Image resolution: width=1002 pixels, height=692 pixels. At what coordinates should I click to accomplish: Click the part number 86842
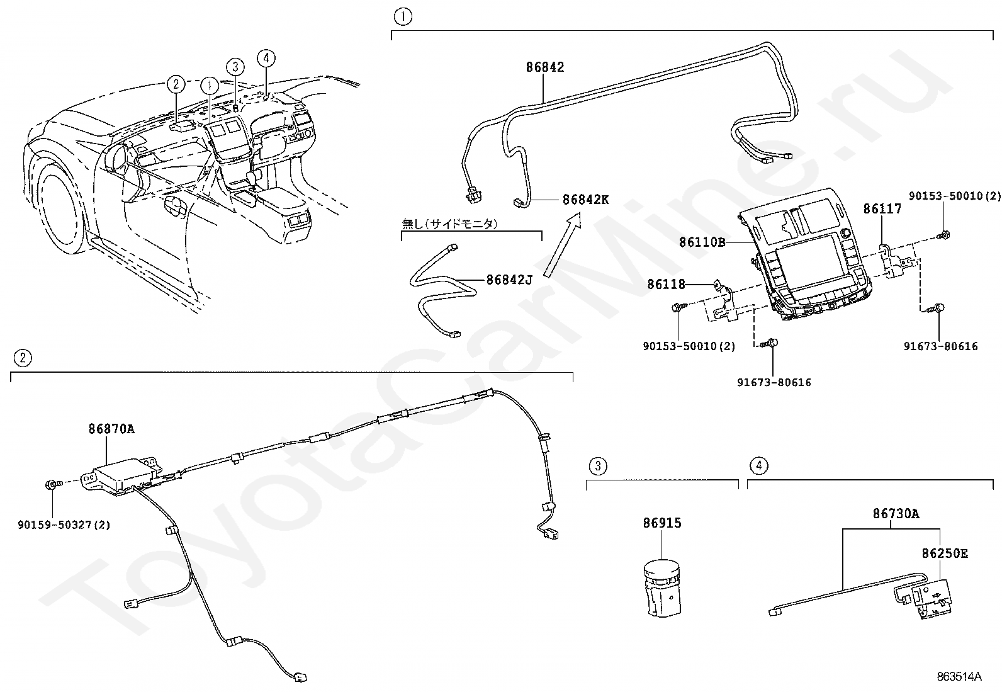click(x=545, y=67)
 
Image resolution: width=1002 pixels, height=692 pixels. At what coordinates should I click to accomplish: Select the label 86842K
click(x=585, y=200)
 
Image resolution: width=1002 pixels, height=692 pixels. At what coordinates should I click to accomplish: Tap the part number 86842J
click(x=510, y=280)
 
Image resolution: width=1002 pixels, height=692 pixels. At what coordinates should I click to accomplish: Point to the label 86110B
click(x=702, y=242)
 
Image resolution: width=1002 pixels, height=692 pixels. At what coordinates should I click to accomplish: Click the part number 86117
click(x=882, y=208)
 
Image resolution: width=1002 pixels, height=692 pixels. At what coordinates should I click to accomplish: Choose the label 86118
click(x=667, y=284)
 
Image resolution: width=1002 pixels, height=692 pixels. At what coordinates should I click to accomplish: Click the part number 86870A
click(x=111, y=429)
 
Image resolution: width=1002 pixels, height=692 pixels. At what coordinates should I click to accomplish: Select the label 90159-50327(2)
click(x=64, y=525)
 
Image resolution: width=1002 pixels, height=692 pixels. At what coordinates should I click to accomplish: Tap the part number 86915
click(x=662, y=523)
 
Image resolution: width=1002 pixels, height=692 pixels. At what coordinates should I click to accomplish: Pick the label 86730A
click(x=896, y=513)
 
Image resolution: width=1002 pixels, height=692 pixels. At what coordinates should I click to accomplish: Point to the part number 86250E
click(x=945, y=553)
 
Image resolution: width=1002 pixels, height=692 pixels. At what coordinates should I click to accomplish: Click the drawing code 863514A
click(x=959, y=676)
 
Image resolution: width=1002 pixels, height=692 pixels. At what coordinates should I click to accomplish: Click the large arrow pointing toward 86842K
click(x=562, y=245)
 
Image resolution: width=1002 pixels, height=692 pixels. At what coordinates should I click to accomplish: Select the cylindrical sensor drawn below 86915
click(x=663, y=588)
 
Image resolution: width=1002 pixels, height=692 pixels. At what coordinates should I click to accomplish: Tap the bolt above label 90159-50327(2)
click(x=53, y=484)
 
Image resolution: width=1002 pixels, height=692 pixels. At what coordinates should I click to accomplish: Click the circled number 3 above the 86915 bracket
click(x=598, y=466)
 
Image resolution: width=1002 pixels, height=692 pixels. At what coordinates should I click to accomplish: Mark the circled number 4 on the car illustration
click(x=266, y=58)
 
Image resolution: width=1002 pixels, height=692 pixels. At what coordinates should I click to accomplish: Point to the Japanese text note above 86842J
click(x=449, y=224)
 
